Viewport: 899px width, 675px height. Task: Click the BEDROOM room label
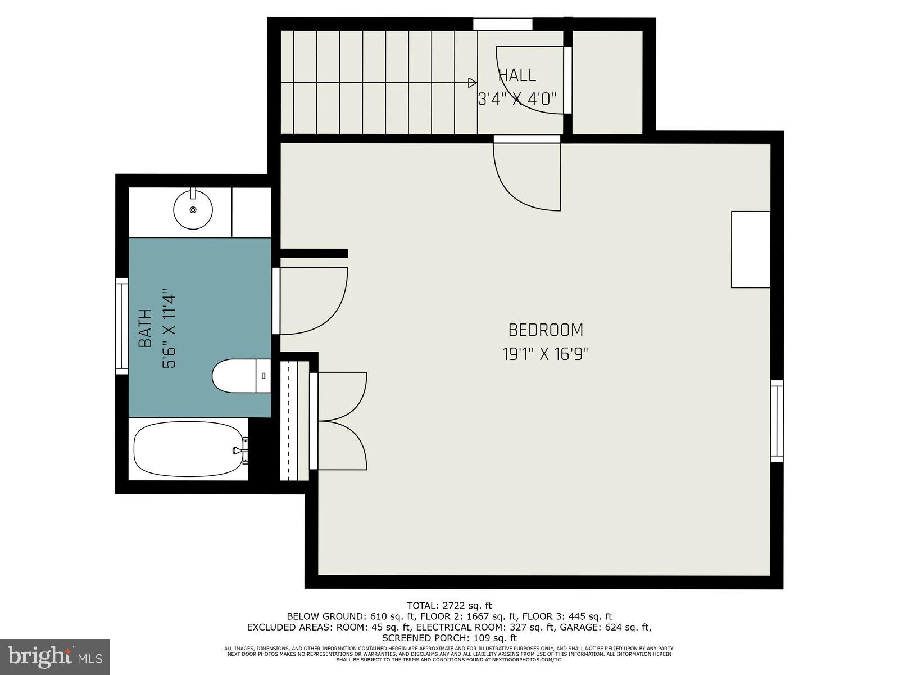pyautogui.click(x=545, y=330)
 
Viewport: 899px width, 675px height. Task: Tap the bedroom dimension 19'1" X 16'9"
pyautogui.click(x=545, y=354)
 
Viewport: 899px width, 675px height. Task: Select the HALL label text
pyautogui.click(x=517, y=75)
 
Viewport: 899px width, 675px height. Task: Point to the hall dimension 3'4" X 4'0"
pyautogui.click(x=517, y=100)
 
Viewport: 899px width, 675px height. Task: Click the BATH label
pyautogui.click(x=146, y=328)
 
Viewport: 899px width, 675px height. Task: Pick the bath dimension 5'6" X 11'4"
pyautogui.click(x=169, y=328)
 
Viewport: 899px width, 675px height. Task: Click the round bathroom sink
pyautogui.click(x=193, y=209)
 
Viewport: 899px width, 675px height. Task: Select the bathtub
pyautogui.click(x=188, y=449)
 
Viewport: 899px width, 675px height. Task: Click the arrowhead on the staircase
pyautogui.click(x=473, y=83)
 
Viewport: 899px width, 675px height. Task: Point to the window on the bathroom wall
pyautogui.click(x=121, y=326)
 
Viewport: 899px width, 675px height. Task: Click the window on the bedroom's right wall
pyautogui.click(x=777, y=421)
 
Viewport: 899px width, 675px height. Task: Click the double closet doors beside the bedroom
pyautogui.click(x=340, y=421)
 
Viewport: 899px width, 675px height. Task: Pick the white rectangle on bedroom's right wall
pyautogui.click(x=750, y=249)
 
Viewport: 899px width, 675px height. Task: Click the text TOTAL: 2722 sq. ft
pyautogui.click(x=449, y=606)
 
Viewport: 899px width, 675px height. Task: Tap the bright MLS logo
pyautogui.click(x=55, y=656)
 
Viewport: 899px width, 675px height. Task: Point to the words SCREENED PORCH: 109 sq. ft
pyautogui.click(x=449, y=638)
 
